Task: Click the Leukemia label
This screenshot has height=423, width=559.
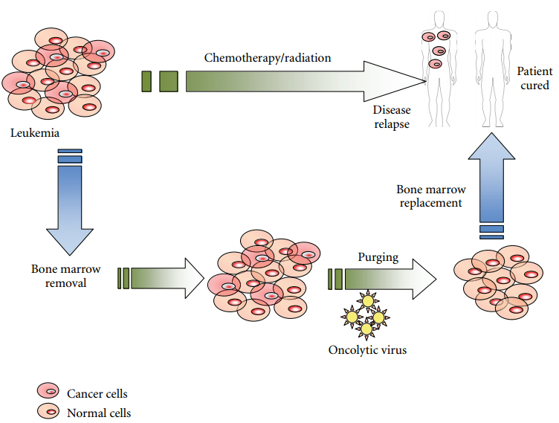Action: [x=35, y=133]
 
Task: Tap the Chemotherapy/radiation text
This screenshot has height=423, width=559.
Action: [x=268, y=57]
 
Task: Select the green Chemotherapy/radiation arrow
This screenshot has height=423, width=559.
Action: [x=282, y=81]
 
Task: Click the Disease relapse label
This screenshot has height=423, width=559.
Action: [x=391, y=117]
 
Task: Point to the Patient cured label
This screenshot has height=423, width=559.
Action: [x=534, y=78]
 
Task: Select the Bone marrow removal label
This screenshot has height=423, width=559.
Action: [x=66, y=275]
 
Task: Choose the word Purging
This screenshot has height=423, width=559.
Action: [x=378, y=257]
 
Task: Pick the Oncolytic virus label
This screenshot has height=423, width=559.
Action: [x=367, y=349]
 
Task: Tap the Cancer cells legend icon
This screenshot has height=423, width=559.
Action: [x=48, y=392]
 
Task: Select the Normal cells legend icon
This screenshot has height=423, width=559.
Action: [x=48, y=410]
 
